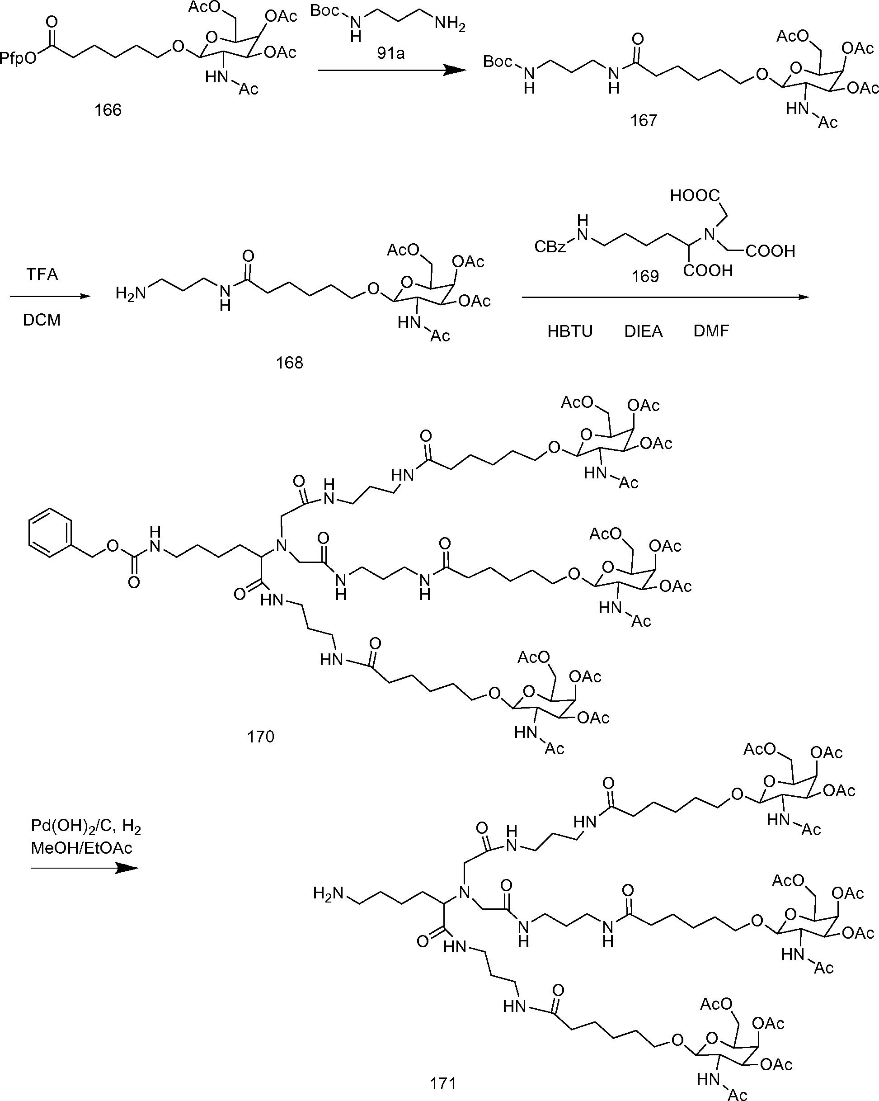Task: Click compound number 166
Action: coord(108,110)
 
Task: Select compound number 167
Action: coord(644,120)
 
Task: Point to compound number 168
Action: coord(289,363)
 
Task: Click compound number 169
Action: coord(645,276)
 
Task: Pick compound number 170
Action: coord(261,737)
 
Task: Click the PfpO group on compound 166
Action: coord(19,59)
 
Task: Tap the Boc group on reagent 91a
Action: coord(324,11)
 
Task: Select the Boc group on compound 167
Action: coord(498,62)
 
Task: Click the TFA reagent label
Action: coord(42,275)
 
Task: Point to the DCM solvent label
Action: coord(42,320)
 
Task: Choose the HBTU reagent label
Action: coord(570,331)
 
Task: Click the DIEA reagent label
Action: coord(643,331)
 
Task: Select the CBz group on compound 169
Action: coord(551,247)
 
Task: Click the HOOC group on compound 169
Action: coord(695,196)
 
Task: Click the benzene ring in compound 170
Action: coord(50,533)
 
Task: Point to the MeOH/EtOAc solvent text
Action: coord(82,848)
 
